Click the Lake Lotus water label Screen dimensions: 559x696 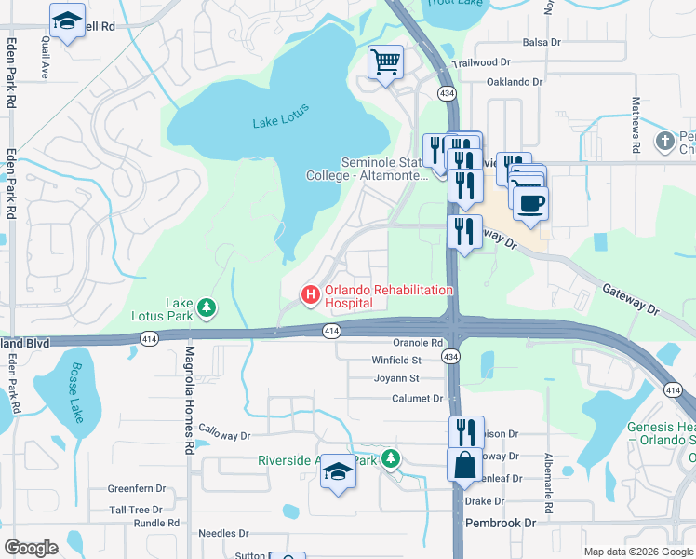tap(280, 121)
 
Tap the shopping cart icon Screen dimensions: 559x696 tap(385, 63)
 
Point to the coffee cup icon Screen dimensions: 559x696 tap(530, 203)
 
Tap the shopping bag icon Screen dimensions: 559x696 tap(464, 464)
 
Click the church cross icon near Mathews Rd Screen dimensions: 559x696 tap(665, 141)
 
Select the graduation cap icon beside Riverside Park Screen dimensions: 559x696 tap(338, 472)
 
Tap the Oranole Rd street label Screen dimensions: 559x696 tap(417, 343)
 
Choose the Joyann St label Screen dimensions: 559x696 tap(395, 378)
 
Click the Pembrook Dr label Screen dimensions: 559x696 tap(501, 524)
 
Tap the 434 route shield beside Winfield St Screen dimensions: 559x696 tap(449, 357)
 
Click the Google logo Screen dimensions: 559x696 tap(31, 548)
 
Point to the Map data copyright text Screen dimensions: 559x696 tap(637, 552)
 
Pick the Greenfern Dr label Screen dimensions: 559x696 tap(136, 488)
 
